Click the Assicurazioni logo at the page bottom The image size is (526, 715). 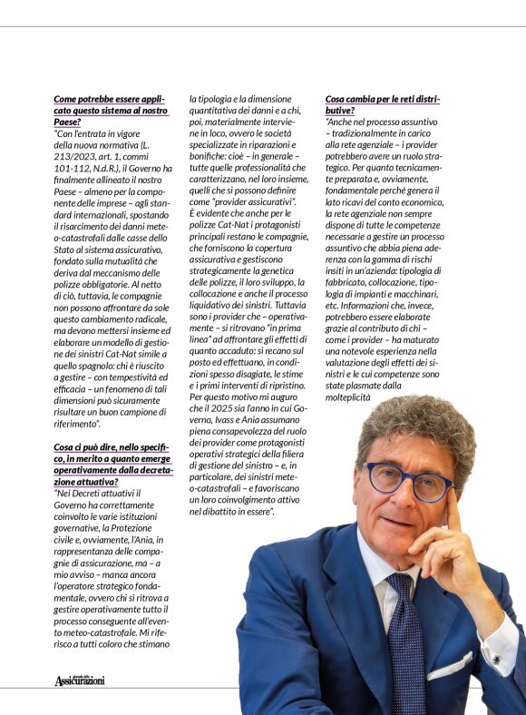click(80, 680)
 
